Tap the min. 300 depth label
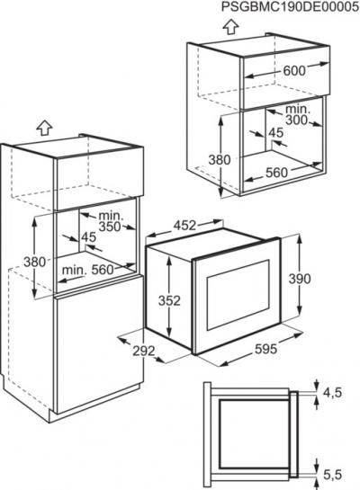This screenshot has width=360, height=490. [296, 115]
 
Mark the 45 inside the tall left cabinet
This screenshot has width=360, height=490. [89, 237]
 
